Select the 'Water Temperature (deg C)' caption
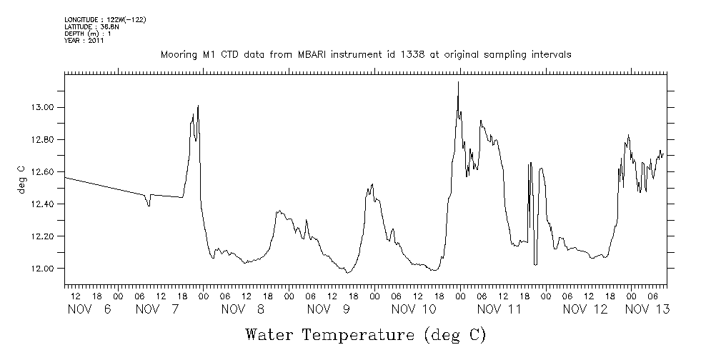pyautogui.click(x=365, y=334)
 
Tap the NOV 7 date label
pyautogui.click(x=156, y=309)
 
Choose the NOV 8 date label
pyautogui.click(x=242, y=309)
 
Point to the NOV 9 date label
pyautogui.click(x=328, y=309)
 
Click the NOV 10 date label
pyautogui.click(x=414, y=309)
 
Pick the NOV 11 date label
pyautogui.click(x=499, y=309)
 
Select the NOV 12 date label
pyautogui.click(x=585, y=309)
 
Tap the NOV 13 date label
pyautogui.click(x=647, y=309)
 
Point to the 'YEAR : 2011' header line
pyautogui.click(x=85, y=40)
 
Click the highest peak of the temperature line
pyautogui.click(x=458, y=82)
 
